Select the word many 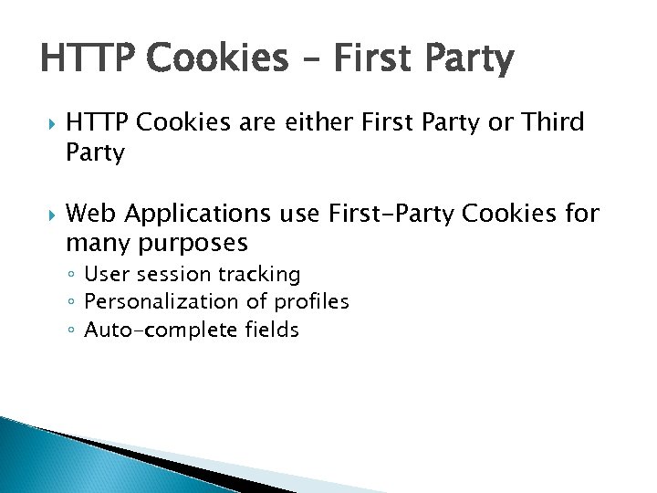tap(96, 244)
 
